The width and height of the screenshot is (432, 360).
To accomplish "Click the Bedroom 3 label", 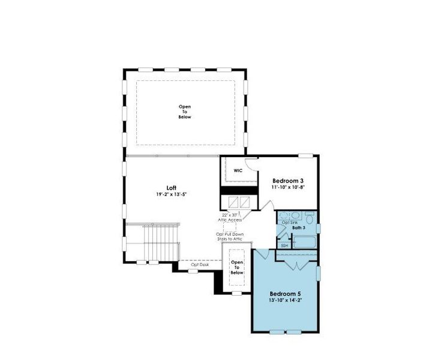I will click(x=289, y=181).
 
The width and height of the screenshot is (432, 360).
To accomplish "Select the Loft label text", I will click(x=172, y=188).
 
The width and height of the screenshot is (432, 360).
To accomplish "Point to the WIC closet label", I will click(x=238, y=170).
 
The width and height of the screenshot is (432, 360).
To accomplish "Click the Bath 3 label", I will click(x=299, y=228).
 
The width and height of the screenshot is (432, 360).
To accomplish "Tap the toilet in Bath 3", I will click(x=310, y=217).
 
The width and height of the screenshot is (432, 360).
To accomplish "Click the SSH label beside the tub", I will click(x=284, y=245).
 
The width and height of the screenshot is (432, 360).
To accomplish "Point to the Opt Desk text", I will click(x=200, y=265).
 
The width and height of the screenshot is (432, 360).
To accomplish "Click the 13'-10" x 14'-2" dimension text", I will click(x=284, y=301).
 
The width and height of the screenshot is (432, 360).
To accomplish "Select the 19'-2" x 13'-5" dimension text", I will click(x=172, y=194).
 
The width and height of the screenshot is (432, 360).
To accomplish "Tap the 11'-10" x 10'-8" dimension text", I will click(x=289, y=187).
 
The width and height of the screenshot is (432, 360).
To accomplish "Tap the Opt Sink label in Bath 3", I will click(x=290, y=223).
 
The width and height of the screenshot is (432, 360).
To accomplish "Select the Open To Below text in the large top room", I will click(x=185, y=112).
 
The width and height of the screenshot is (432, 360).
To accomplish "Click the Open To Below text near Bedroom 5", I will click(x=237, y=267).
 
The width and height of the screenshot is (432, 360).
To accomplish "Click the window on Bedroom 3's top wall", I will click(x=307, y=155).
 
